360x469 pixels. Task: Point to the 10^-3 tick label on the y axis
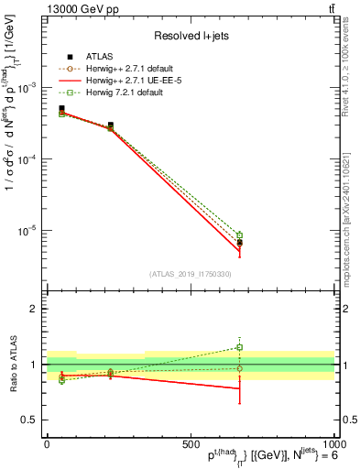pyautogui.click(x=27, y=87)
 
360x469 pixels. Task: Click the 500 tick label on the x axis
pyautogui.click(x=191, y=444)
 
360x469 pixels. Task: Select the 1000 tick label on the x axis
pyautogui.click(x=332, y=444)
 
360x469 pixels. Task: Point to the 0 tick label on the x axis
pyautogui.click(x=47, y=444)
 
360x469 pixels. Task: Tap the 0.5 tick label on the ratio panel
pyautogui.click(x=29, y=420)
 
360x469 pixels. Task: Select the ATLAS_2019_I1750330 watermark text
pyautogui.click(x=190, y=274)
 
